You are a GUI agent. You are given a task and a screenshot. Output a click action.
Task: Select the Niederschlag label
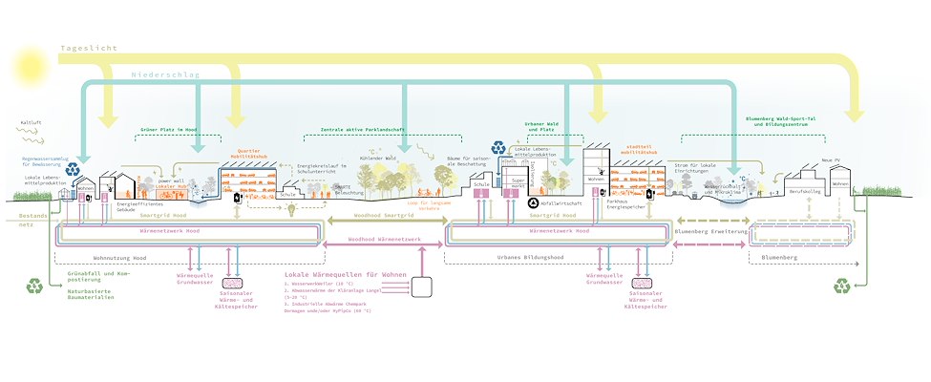point(164,73)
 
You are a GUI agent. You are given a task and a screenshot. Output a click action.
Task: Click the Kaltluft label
point(32,123)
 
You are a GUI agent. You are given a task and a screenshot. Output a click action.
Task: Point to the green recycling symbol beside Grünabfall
point(35,285)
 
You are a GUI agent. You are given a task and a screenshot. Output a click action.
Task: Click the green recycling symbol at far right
point(842,285)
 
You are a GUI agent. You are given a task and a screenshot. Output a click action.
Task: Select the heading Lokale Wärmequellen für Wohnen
point(345,275)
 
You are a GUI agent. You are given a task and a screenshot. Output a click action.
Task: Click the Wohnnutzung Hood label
point(122,257)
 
